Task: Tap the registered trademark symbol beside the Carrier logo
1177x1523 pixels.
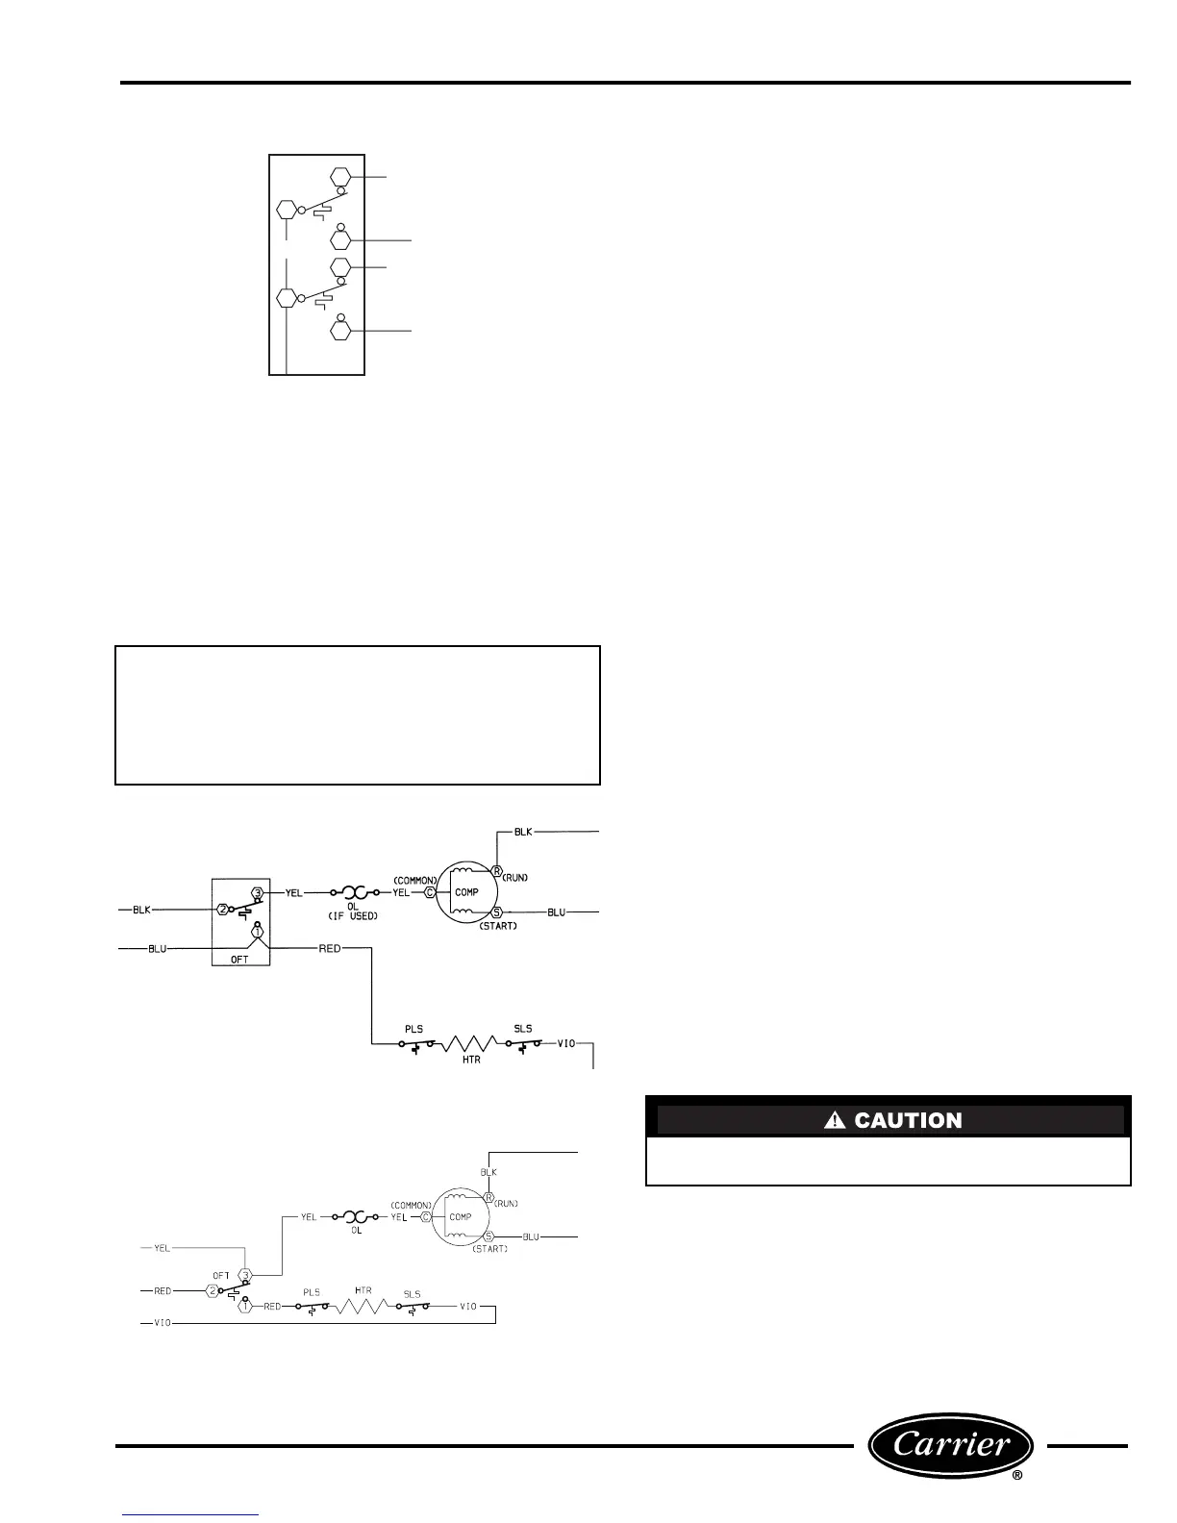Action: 1017,1501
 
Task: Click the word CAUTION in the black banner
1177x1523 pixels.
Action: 908,1120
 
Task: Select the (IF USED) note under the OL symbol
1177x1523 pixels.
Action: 351,915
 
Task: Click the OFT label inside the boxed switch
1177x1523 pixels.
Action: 239,959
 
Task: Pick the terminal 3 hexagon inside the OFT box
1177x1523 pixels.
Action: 257,892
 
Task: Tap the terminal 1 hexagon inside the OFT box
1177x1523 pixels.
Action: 257,931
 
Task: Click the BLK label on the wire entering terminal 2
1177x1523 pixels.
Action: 141,909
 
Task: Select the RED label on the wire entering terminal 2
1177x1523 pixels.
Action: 163,1290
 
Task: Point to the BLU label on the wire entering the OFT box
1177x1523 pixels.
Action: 157,949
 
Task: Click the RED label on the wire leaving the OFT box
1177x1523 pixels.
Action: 330,948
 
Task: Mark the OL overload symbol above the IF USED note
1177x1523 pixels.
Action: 351,892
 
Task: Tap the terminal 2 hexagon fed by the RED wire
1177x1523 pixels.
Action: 213,1290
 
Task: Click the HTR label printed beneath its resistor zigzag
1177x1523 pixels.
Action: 471,1060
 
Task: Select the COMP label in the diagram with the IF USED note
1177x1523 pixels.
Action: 466,892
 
